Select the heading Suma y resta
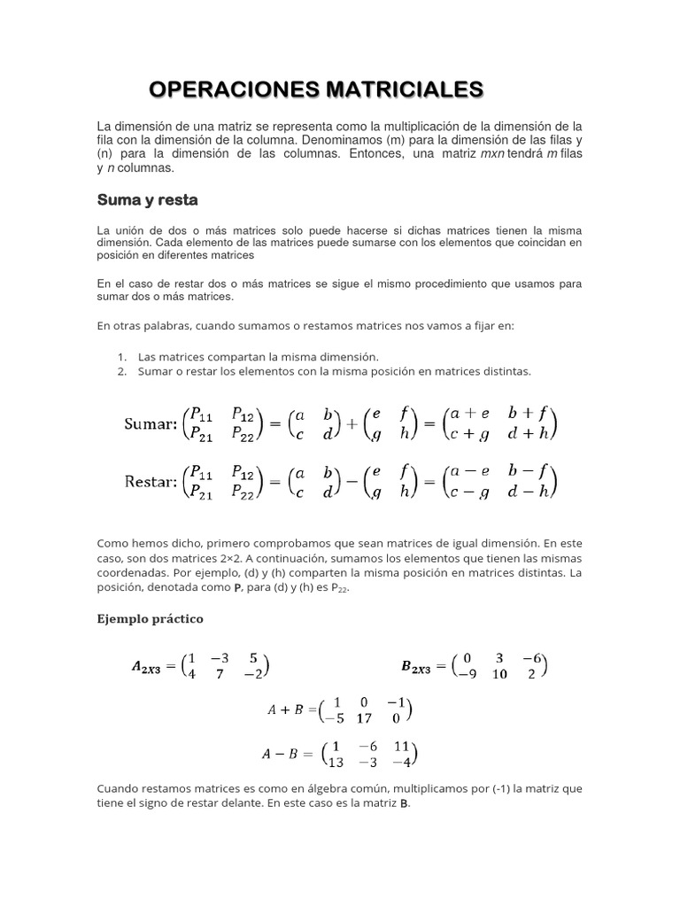click(x=147, y=199)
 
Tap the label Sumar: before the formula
click(x=151, y=424)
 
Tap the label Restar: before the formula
click(x=151, y=482)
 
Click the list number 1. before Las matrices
click(x=121, y=356)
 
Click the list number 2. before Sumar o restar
click(x=121, y=371)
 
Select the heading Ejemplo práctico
click(x=150, y=619)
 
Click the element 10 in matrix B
click(x=499, y=674)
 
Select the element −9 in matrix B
click(x=466, y=674)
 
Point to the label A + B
click(x=286, y=709)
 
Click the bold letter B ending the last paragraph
click(x=406, y=804)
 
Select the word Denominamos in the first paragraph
click(x=339, y=141)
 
